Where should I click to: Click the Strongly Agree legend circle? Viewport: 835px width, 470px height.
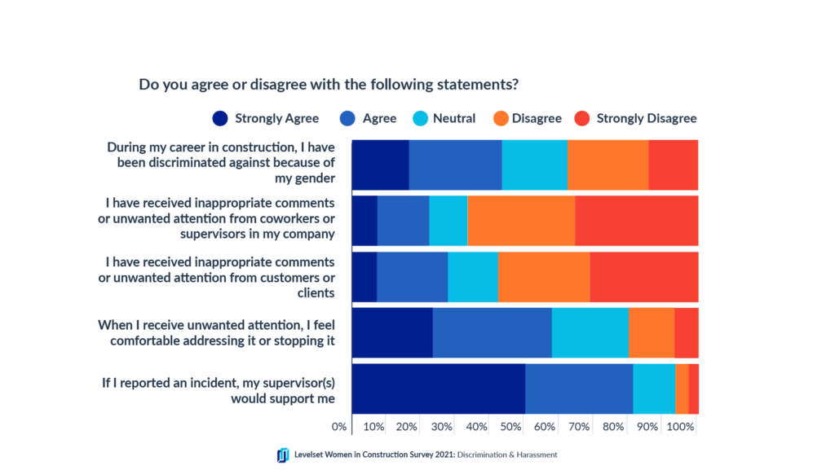point(220,118)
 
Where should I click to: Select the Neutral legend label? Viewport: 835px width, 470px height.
point(454,118)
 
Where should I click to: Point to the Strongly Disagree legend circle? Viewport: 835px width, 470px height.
point(582,118)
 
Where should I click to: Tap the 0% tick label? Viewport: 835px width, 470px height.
point(339,426)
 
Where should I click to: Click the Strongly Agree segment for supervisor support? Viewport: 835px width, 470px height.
point(438,389)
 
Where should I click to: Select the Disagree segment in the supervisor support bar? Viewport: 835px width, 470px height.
point(682,389)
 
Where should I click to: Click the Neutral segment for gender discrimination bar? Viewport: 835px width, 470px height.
point(534,165)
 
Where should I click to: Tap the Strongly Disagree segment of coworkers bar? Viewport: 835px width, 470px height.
point(636,220)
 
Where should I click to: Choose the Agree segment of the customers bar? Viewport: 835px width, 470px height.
point(412,277)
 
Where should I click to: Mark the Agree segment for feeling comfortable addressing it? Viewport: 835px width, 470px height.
point(492,332)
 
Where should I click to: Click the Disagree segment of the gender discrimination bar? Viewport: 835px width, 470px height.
point(607,165)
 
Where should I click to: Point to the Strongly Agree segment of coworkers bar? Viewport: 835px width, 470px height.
point(364,220)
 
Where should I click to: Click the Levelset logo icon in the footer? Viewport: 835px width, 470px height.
point(283,455)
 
